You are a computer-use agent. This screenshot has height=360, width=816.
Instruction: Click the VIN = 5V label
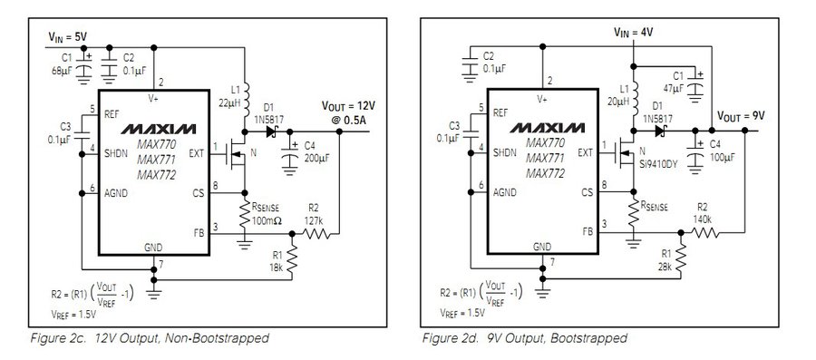pos(68,36)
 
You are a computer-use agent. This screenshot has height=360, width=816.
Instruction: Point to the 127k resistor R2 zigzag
pos(316,234)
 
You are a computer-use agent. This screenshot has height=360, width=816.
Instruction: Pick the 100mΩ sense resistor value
pos(267,220)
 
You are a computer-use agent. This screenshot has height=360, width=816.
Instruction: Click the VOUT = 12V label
pos(348,105)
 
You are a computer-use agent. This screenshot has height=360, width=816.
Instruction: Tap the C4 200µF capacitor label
pos(316,151)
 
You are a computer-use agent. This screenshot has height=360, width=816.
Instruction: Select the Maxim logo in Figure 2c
pos(159,129)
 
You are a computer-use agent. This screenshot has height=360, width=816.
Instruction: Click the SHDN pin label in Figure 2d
pos(504,152)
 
